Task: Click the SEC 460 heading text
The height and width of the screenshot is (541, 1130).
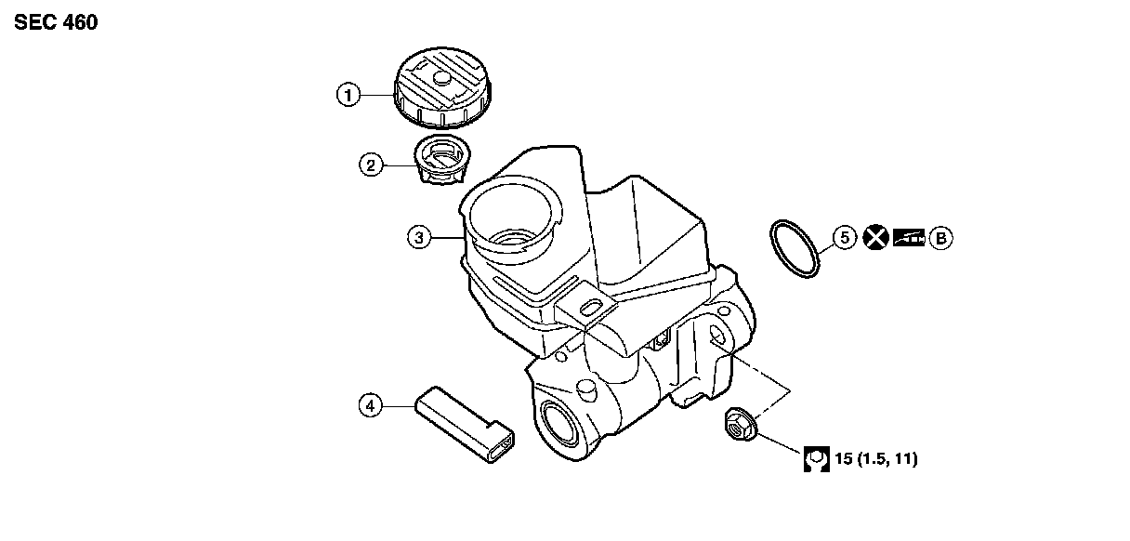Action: tap(56, 22)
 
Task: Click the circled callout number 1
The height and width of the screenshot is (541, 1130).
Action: tap(348, 94)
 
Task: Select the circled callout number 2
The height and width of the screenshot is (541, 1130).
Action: tap(371, 165)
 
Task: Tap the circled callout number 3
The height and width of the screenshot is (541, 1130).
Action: tap(419, 238)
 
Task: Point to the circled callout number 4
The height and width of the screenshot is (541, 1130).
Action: tap(371, 405)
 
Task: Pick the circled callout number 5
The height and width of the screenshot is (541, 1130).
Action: tap(844, 238)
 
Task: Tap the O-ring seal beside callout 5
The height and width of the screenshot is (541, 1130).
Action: tap(796, 249)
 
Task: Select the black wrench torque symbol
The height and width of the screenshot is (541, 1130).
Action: tap(816, 459)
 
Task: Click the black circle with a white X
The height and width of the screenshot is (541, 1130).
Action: tap(874, 238)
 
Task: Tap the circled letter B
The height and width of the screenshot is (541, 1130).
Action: tap(941, 238)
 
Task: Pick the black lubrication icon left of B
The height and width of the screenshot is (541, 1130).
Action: tap(909, 238)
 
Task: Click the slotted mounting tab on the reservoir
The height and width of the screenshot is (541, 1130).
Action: tap(587, 307)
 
